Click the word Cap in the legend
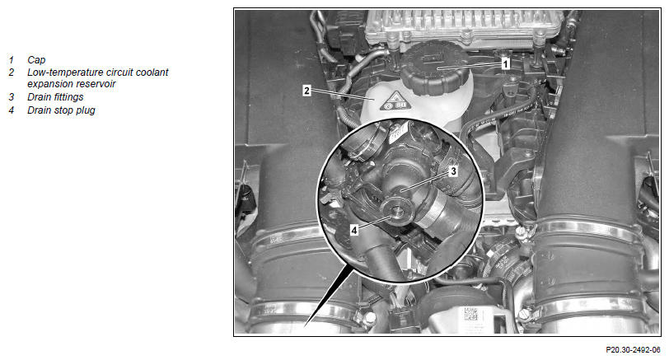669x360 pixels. (x=36, y=60)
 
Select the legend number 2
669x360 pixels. (x=11, y=72)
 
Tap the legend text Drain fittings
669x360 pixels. (x=55, y=97)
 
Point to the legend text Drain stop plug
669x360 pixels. (x=61, y=110)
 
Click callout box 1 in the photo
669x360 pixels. (x=506, y=64)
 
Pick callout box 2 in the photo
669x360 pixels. (x=306, y=91)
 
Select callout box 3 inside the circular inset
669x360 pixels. (x=453, y=171)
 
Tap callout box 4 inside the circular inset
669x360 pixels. (x=354, y=231)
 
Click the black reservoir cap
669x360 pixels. (x=435, y=68)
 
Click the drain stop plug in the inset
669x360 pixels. (x=397, y=210)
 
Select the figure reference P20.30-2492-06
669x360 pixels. (x=633, y=350)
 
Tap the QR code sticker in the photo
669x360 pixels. (x=470, y=315)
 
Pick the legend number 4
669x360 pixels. (x=11, y=110)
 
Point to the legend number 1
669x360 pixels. (x=11, y=60)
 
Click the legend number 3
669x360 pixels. (x=11, y=97)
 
